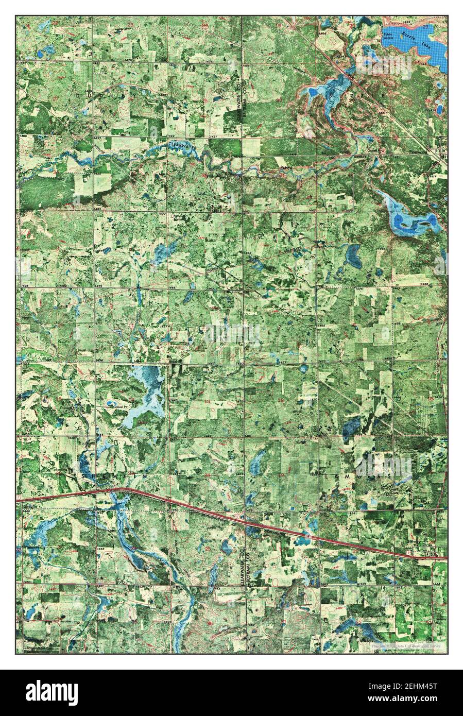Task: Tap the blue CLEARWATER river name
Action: pos(182,146)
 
